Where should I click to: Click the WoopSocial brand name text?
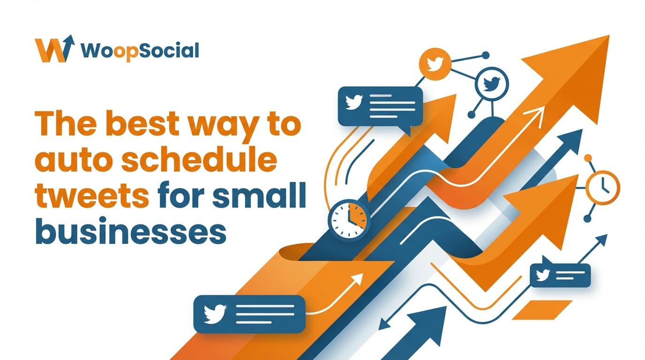(140, 50)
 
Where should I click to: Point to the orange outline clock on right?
(603, 187)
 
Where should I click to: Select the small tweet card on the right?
(560, 275)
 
